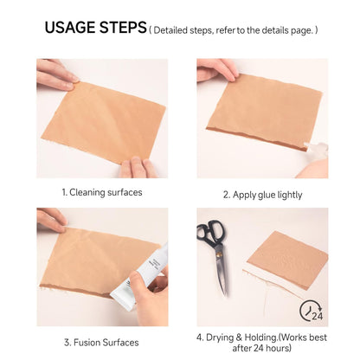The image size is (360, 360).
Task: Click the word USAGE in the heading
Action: click(x=70, y=28)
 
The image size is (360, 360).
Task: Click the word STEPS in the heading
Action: click(x=123, y=28)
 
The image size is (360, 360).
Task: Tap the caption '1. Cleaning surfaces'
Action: click(x=102, y=192)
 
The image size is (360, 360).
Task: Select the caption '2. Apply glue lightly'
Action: click(x=262, y=195)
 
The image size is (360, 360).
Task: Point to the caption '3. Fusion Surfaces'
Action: click(x=101, y=343)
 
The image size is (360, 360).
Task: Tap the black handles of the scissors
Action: click(x=210, y=233)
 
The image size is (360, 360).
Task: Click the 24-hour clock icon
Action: click(x=312, y=311)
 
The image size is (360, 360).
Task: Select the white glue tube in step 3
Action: click(x=141, y=277)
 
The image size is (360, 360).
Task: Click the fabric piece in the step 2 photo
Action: click(x=264, y=111)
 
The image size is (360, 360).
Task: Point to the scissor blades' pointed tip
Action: click(x=225, y=295)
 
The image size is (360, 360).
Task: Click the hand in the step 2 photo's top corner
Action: click(x=216, y=69)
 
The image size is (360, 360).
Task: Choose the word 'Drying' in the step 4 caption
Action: click(x=219, y=337)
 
